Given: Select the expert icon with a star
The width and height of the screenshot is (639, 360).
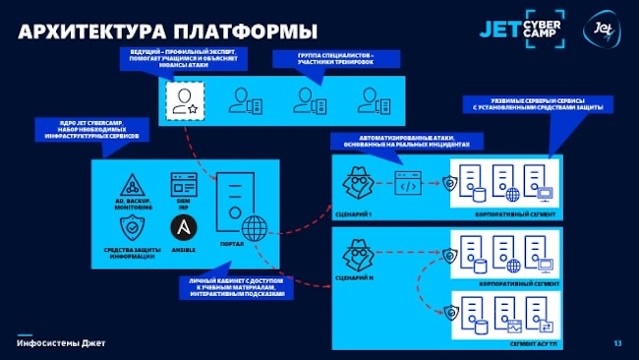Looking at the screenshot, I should [x=183, y=98].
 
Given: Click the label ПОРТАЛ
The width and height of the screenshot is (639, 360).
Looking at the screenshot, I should [x=233, y=242].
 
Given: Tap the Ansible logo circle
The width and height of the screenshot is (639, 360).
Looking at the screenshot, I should [x=183, y=228].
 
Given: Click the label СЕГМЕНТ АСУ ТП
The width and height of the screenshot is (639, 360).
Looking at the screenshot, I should [x=533, y=344].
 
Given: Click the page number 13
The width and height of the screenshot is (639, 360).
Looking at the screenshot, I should [x=617, y=342].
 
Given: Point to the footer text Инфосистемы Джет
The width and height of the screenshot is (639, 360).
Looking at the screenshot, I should [x=60, y=342].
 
